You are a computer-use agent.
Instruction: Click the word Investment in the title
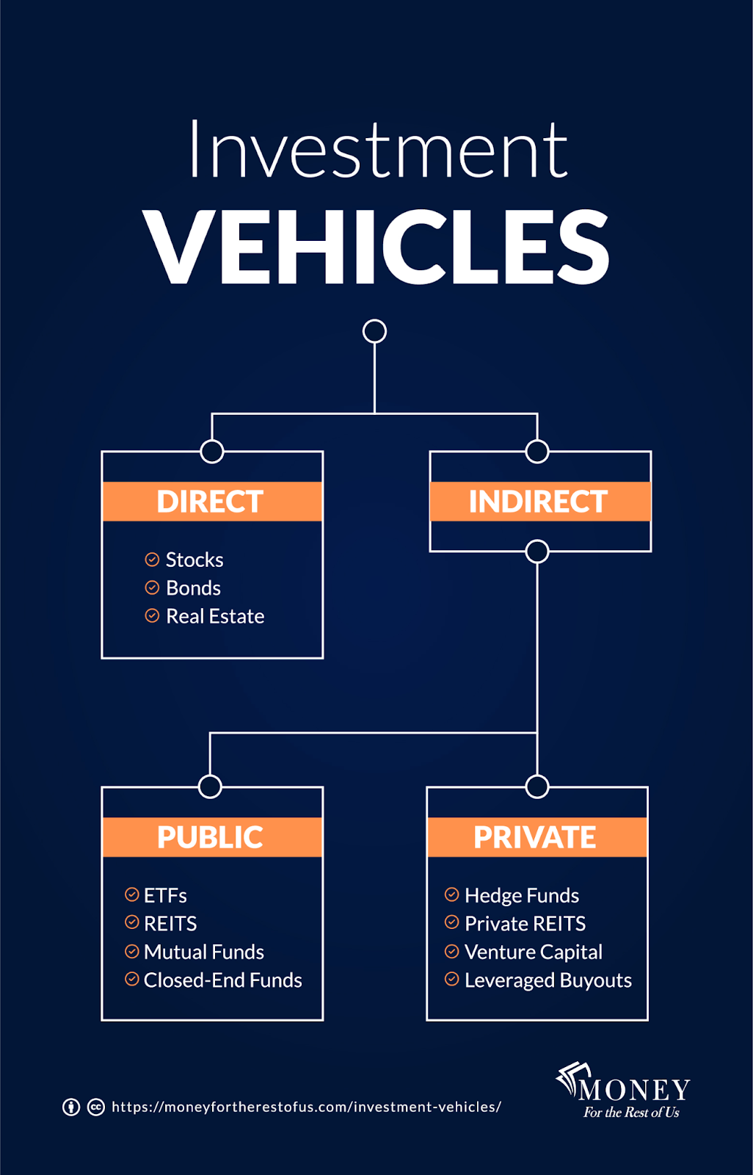(x=378, y=151)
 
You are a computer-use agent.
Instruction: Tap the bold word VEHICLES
(x=376, y=247)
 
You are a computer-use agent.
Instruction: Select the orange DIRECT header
(x=211, y=502)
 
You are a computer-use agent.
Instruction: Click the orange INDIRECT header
(x=539, y=502)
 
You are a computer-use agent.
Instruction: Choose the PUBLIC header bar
(x=211, y=837)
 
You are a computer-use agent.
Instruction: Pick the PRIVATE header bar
(x=536, y=837)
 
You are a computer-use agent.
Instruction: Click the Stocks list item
(x=194, y=560)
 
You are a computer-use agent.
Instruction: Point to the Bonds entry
(x=193, y=588)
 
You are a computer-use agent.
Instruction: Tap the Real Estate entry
(x=214, y=616)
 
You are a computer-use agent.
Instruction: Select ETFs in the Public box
(x=165, y=895)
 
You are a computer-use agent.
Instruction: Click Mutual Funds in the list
(x=203, y=952)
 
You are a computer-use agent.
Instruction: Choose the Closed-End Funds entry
(x=222, y=980)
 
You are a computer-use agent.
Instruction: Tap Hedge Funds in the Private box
(x=521, y=895)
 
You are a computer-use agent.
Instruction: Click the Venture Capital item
(x=533, y=952)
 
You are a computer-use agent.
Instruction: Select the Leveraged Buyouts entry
(x=548, y=980)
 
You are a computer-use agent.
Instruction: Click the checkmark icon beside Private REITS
(x=452, y=922)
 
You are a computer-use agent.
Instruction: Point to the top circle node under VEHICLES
(x=374, y=331)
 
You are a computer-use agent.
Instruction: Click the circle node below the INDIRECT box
(x=537, y=552)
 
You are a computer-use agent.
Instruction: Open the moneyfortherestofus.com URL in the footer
(x=306, y=1107)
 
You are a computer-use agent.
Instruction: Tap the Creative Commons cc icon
(x=96, y=1107)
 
